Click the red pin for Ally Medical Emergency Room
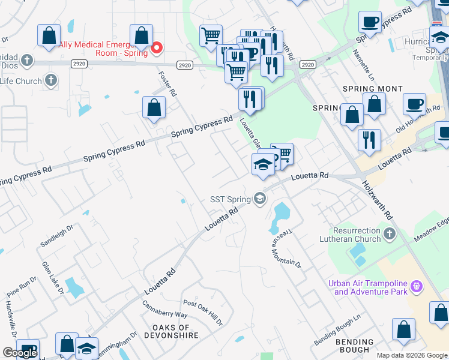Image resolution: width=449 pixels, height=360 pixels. pyautogui.click(x=157, y=47)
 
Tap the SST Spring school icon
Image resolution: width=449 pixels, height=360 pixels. pyautogui.click(x=260, y=198)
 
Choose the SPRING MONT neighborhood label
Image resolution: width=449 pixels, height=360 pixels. pyautogui.click(x=372, y=89)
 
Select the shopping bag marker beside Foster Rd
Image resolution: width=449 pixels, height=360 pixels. pyautogui.click(x=154, y=107)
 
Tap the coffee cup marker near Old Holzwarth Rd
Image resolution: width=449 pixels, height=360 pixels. pyautogui.click(x=414, y=104)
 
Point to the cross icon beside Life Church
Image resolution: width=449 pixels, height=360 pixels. pyautogui.click(x=51, y=80)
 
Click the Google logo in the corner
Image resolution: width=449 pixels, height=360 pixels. pyautogui.click(x=20, y=353)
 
